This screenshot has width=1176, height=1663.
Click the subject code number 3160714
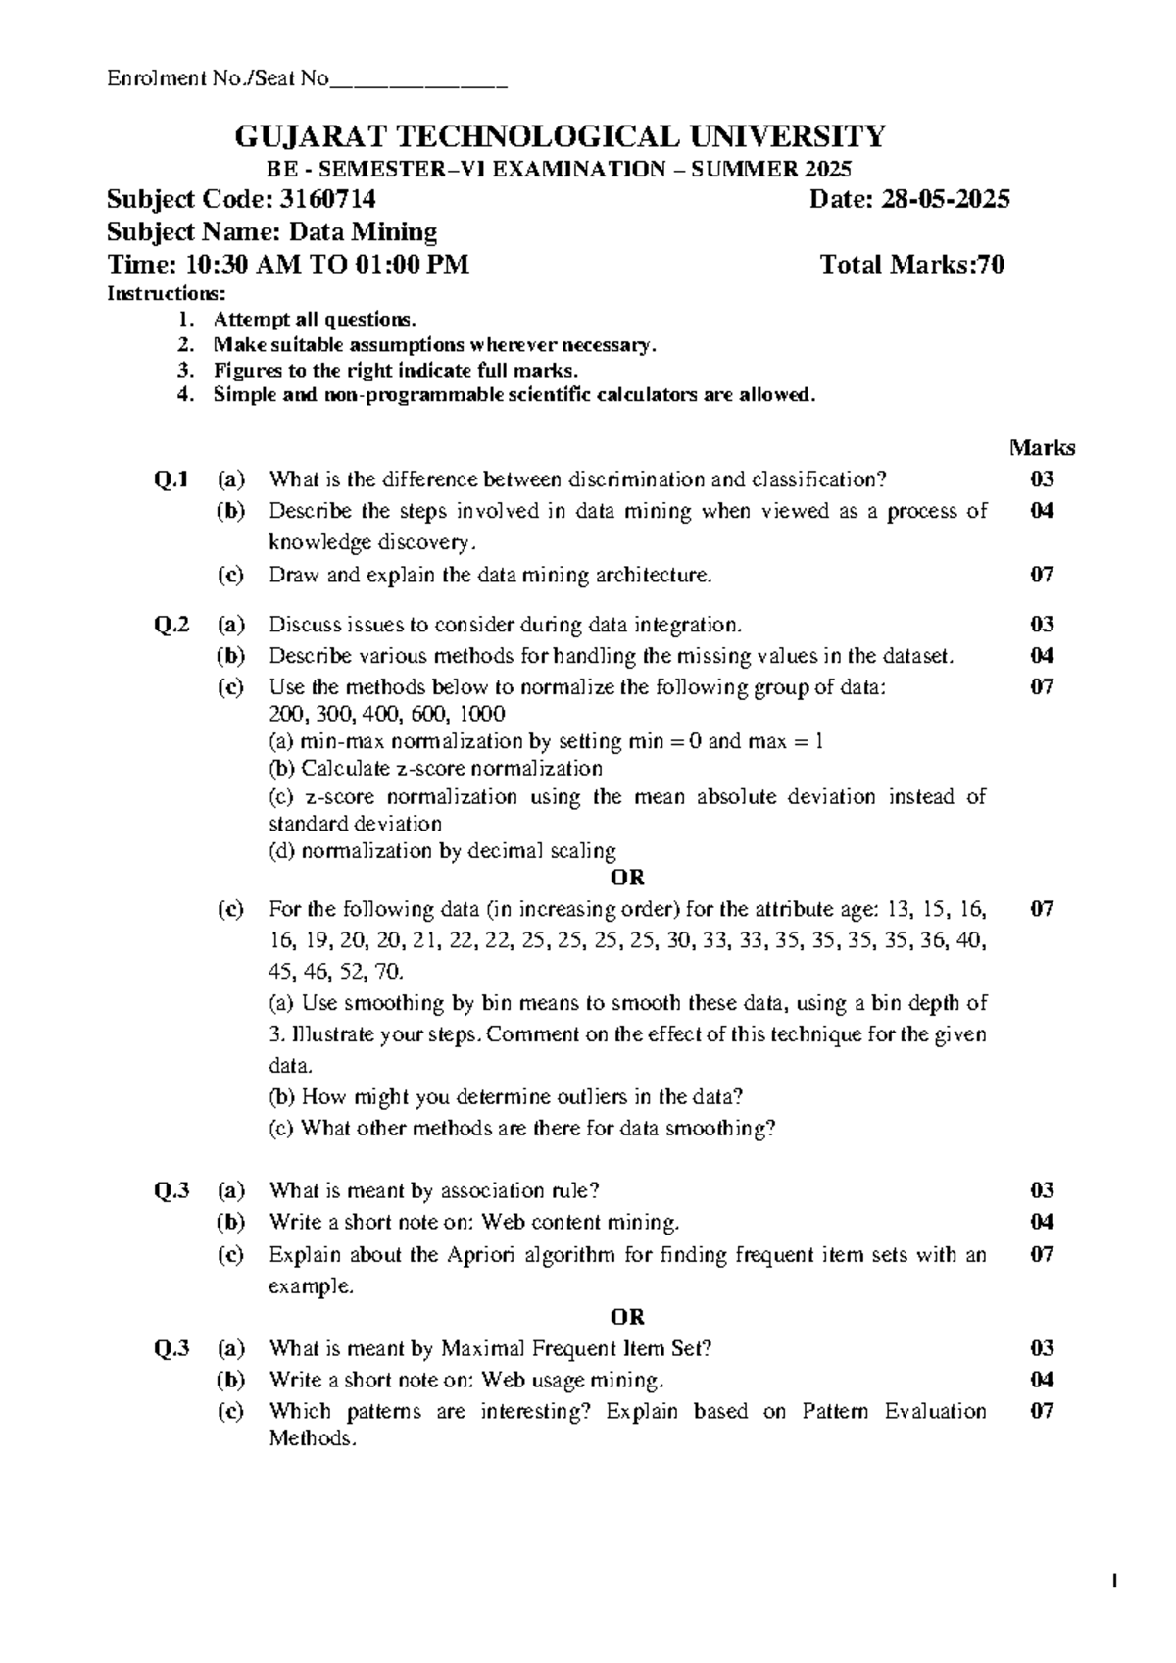tap(328, 200)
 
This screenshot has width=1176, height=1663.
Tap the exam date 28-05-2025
tap(946, 200)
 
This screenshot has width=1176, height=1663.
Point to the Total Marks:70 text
tap(911, 265)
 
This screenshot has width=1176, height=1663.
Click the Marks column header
tap(1042, 448)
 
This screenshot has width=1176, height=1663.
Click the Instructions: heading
tap(166, 293)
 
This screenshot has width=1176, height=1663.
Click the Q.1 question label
tap(171, 479)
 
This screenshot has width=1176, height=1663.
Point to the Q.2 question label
tap(171, 625)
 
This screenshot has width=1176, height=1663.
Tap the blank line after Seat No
tap(418, 79)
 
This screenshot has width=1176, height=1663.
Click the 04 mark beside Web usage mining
tap(1042, 1380)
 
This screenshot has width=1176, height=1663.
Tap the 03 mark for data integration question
tap(1042, 625)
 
